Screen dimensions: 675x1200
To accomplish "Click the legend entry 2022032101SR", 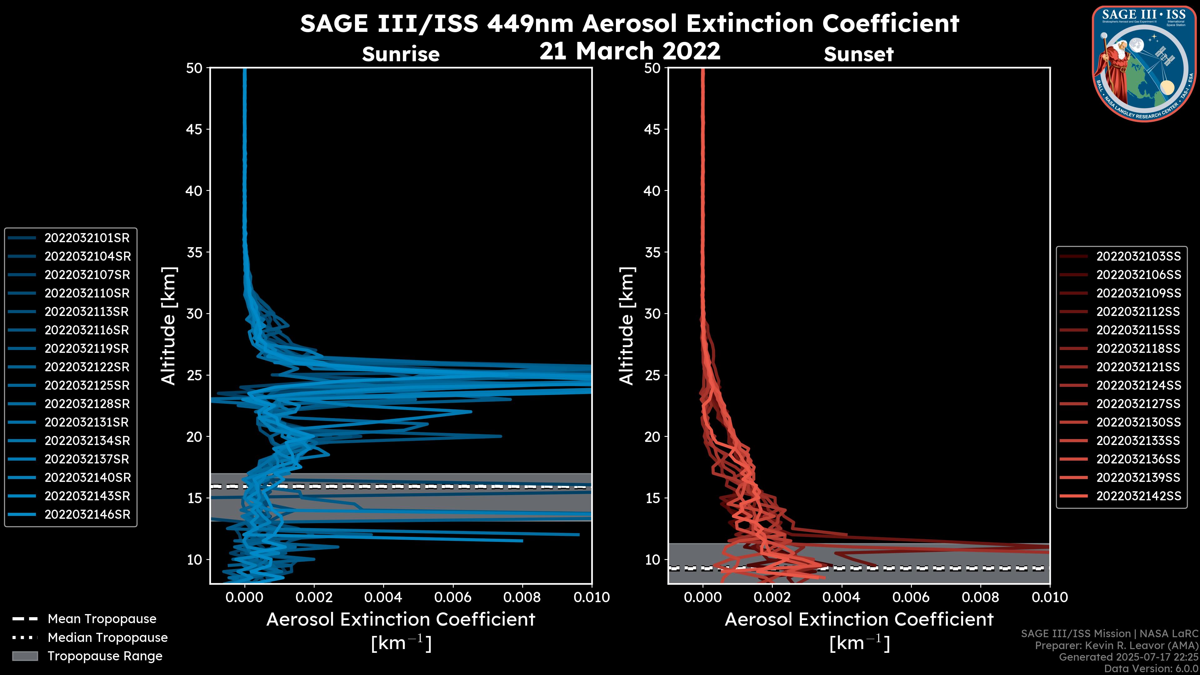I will tap(87, 238).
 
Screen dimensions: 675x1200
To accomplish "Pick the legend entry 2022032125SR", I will tap(87, 386).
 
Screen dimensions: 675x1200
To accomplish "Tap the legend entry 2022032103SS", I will tap(1138, 257).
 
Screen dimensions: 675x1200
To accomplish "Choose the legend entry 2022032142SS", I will tap(1138, 496).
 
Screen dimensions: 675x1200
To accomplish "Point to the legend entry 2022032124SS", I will tap(1138, 386).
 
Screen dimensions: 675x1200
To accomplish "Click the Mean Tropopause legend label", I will tap(102, 619).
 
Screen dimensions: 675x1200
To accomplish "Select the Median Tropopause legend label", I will tap(107, 638).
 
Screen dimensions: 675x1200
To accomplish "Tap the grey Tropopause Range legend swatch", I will tap(25, 656).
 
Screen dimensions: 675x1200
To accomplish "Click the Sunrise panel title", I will tap(401, 54).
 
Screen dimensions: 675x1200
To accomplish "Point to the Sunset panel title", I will tap(858, 54).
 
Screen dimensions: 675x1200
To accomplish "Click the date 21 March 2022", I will tap(629, 51).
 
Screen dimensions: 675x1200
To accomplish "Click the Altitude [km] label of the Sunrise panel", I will tap(169, 326).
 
